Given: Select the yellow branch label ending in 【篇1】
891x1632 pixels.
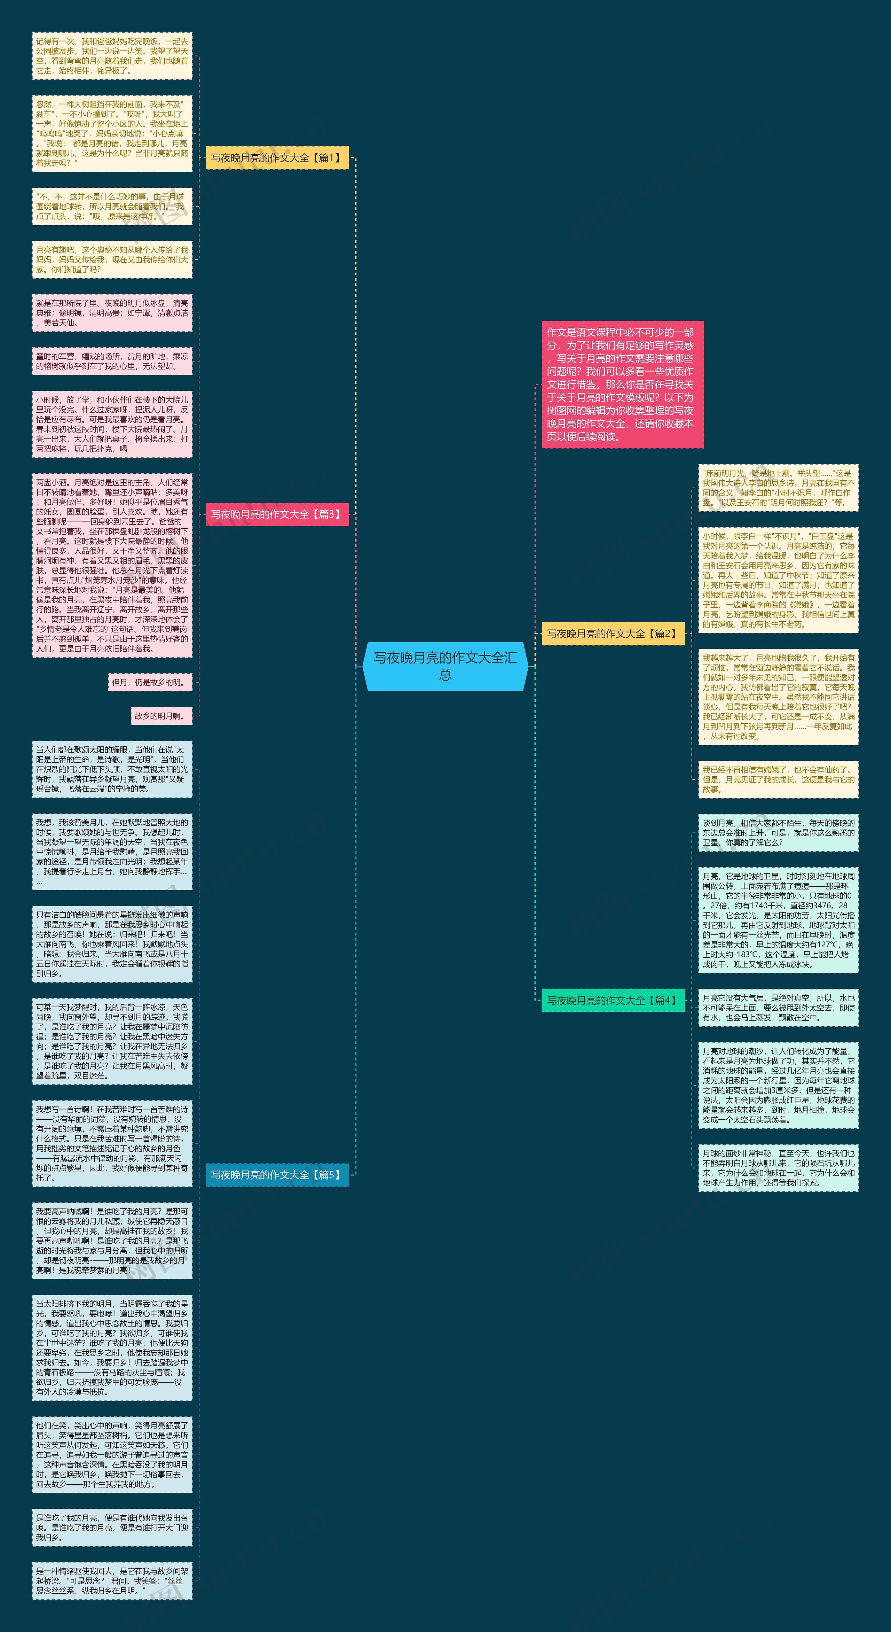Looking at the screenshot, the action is (277, 158).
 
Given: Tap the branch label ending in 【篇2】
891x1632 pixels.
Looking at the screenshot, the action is (612, 634).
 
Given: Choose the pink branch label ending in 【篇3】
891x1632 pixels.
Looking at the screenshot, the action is (277, 514).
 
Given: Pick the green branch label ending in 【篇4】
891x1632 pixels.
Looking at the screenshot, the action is (612, 1000).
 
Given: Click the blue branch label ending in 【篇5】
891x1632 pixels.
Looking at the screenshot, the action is (277, 1175).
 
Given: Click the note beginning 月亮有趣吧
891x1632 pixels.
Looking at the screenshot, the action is (112, 260).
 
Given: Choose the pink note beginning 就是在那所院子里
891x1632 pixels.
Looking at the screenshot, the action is (112, 313).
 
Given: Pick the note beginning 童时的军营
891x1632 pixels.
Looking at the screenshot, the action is (112, 361).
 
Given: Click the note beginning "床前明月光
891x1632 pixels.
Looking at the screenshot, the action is (778, 488).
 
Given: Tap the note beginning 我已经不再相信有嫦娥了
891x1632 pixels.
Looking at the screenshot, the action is (778, 779).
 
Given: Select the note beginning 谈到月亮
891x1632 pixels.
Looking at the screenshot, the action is (778, 832).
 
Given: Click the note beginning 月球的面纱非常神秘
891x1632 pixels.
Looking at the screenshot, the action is (778, 1168).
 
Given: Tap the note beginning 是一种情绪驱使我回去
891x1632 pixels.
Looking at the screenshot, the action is (112, 1581).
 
